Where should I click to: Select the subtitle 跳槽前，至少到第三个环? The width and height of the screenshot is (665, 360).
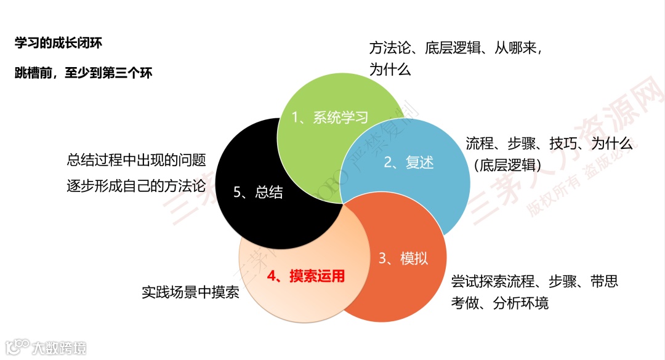click(x=83, y=73)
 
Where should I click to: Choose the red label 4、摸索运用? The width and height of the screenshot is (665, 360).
click(x=306, y=276)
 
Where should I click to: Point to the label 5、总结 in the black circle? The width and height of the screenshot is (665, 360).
click(x=259, y=192)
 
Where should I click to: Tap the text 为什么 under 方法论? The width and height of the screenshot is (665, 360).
click(x=390, y=69)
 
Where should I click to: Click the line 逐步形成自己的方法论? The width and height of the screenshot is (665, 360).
click(x=136, y=188)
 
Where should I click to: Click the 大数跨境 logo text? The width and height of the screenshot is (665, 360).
click(x=59, y=348)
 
